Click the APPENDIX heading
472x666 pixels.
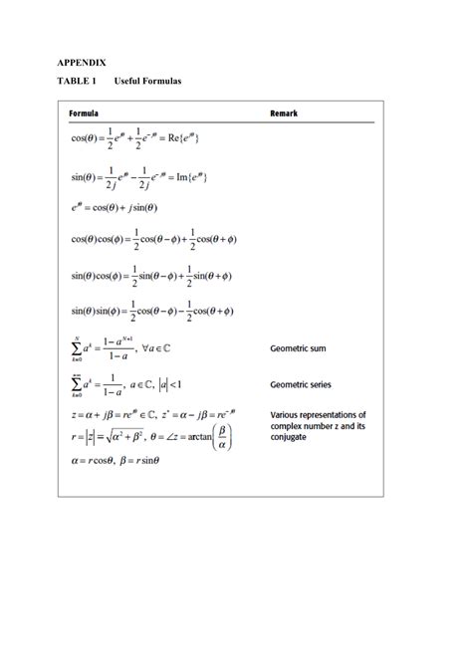click(x=88, y=62)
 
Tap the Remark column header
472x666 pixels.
click(x=284, y=113)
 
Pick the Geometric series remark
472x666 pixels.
click(x=301, y=384)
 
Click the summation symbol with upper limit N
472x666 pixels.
click(x=77, y=347)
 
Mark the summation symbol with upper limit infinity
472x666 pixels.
click(x=77, y=383)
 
